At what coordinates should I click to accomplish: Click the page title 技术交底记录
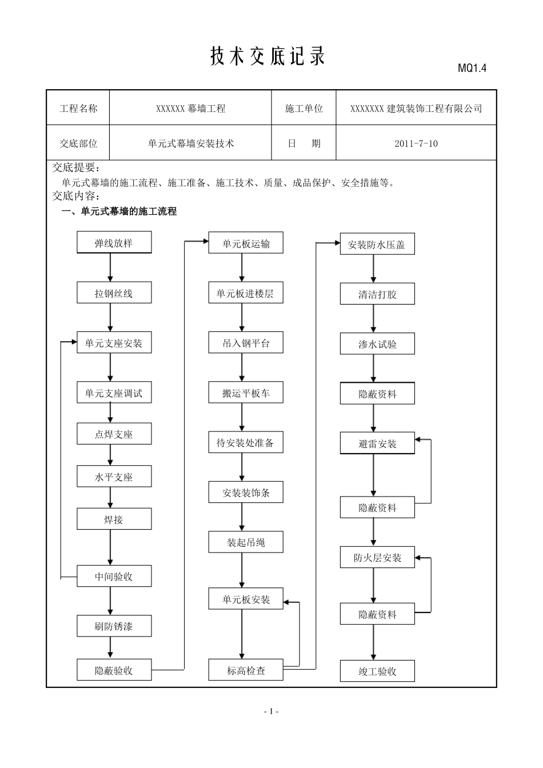(267, 57)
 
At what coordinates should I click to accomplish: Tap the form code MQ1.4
(472, 69)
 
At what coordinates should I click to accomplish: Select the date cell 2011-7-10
(416, 143)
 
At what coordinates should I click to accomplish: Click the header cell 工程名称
(78, 109)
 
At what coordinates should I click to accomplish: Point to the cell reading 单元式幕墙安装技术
(190, 143)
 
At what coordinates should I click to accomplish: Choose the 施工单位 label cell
(304, 109)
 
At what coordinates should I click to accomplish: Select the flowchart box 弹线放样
(114, 243)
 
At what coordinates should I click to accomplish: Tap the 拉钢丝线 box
(114, 294)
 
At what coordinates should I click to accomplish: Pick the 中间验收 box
(114, 577)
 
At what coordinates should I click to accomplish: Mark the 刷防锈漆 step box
(114, 626)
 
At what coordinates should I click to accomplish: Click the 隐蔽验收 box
(114, 670)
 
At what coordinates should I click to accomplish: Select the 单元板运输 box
(246, 244)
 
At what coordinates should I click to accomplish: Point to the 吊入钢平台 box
(246, 343)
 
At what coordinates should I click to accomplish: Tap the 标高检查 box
(246, 670)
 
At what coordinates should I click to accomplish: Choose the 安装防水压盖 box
(377, 245)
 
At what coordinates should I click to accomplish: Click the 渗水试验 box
(377, 345)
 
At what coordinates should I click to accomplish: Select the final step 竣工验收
(377, 671)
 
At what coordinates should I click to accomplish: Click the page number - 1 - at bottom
(271, 711)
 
